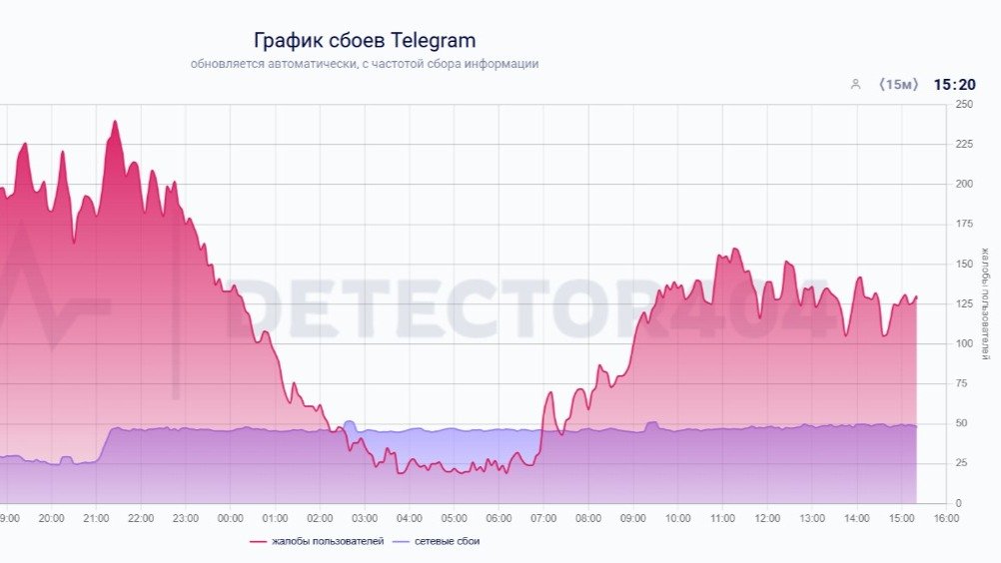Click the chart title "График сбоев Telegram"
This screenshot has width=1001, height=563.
point(364,41)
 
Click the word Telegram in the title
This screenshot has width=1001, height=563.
point(433,41)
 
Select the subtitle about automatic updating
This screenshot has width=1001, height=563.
point(365,64)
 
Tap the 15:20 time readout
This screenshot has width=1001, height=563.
point(954,85)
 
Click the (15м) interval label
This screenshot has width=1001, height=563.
point(897,85)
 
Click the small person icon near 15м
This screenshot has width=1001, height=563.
point(855,85)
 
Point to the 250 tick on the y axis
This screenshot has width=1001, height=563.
point(964,104)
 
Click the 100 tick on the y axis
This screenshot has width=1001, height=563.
point(964,343)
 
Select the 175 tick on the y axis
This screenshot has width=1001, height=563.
point(964,224)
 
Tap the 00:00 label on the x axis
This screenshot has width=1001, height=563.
point(230,519)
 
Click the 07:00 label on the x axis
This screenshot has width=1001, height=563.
point(543,519)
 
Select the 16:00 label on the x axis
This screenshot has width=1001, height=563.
point(946,519)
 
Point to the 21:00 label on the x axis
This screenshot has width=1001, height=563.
point(96,519)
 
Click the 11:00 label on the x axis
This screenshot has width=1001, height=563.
point(722,519)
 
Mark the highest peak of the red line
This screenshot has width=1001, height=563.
point(115,122)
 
